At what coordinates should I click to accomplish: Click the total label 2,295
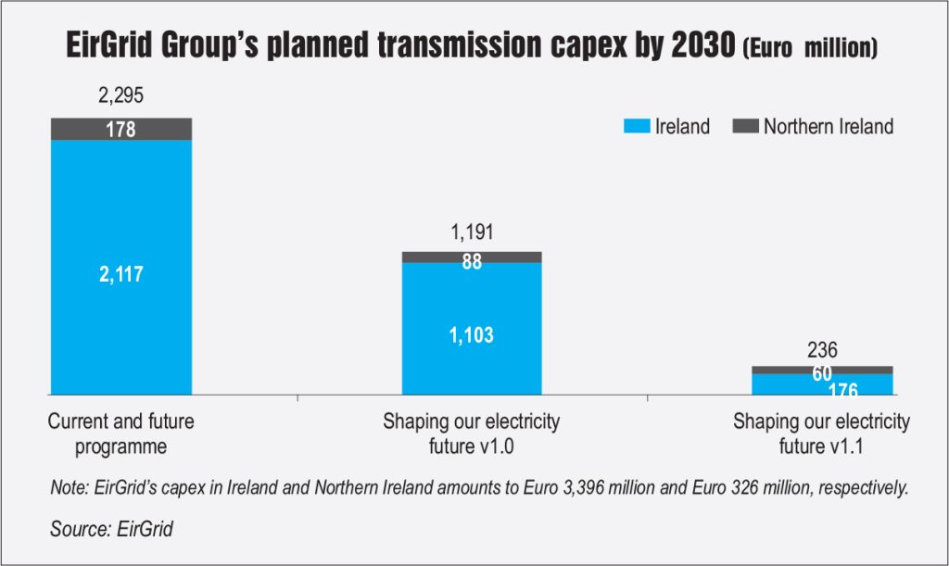(120, 96)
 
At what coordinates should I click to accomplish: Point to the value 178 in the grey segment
(120, 130)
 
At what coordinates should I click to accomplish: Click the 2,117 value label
(120, 274)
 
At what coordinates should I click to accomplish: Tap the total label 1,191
(471, 232)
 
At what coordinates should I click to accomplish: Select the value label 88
(472, 262)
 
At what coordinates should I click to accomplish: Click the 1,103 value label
(471, 335)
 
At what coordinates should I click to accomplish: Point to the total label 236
(822, 350)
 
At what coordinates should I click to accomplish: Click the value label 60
(822, 374)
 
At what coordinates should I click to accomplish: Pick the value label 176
(822, 390)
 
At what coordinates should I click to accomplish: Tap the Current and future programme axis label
(120, 433)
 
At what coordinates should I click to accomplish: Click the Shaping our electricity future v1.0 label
(472, 433)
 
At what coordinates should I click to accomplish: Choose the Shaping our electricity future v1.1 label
(821, 433)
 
